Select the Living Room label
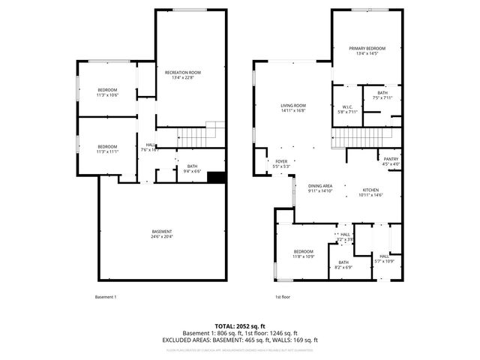point(293,106)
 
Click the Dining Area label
point(319,186)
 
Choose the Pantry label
point(391,159)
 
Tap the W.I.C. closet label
point(346,107)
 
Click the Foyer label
point(281,160)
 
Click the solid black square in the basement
point(217,178)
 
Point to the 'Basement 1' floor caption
point(106,297)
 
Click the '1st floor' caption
point(282,297)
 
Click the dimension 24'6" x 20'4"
point(162,236)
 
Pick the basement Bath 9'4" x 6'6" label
point(192,169)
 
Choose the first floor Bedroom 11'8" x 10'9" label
point(304,253)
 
